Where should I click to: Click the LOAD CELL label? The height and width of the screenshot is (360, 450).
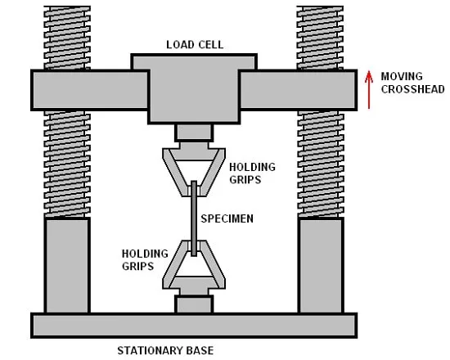tap(195, 45)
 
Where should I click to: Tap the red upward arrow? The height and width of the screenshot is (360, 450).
tap(369, 90)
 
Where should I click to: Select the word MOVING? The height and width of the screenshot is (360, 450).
tap(402, 76)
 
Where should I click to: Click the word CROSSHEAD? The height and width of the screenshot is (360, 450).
tap(412, 89)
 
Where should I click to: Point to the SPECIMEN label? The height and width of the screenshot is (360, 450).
tap(227, 218)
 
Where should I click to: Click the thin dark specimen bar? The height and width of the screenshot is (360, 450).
tap(194, 218)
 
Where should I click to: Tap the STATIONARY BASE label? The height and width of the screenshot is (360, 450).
tap(165, 350)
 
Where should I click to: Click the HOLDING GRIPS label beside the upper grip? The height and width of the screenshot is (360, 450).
tap(252, 173)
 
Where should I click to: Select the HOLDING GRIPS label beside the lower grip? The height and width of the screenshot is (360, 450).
tap(145, 260)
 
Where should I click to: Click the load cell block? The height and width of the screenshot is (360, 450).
tap(194, 88)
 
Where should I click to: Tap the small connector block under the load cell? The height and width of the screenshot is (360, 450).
tap(194, 133)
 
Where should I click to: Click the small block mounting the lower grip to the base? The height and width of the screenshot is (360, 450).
tap(194, 304)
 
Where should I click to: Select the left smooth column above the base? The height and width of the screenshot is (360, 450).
tap(67, 266)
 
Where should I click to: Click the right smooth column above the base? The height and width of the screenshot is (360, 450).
tap(321, 266)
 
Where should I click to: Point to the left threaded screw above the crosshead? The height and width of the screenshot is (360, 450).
tap(67, 38)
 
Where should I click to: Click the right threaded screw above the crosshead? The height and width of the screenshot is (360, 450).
tap(320, 38)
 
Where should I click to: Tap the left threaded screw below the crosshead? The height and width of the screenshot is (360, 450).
tap(67, 164)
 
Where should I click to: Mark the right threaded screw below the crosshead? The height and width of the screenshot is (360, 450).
tap(321, 164)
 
